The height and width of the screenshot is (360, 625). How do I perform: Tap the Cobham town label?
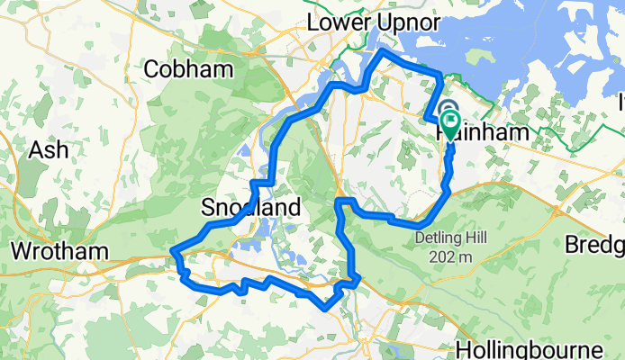click(x=184, y=68)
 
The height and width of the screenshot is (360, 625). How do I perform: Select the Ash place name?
click(x=49, y=149)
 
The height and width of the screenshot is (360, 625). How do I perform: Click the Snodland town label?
click(x=249, y=209)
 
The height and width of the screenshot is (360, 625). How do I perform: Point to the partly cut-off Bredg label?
click(x=595, y=245)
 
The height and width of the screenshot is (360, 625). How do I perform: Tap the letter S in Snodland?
click(x=204, y=209)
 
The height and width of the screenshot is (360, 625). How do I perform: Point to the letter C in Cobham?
click(x=152, y=68)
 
